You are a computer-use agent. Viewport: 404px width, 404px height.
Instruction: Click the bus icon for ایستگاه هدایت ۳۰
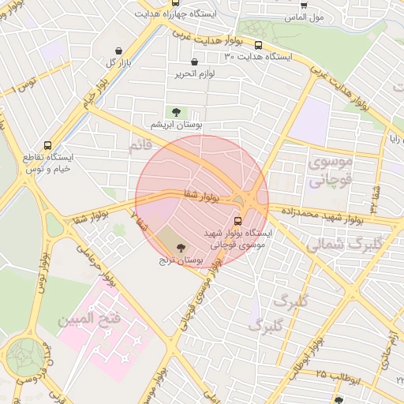[259, 45]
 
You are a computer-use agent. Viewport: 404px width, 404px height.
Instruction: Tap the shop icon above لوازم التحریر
[195, 62]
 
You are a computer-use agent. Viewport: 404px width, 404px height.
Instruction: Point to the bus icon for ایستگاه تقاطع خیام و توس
[48, 145]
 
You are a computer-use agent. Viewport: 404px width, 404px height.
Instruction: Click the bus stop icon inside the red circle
[238, 221]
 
